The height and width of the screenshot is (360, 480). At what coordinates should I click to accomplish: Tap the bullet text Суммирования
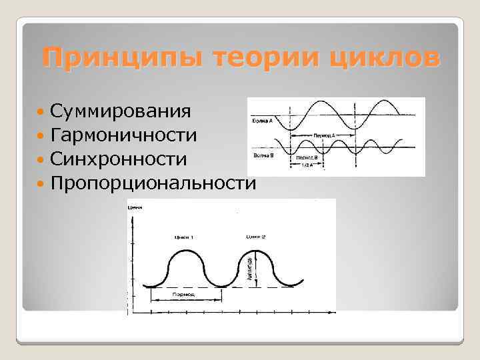pyautogui.click(x=120, y=111)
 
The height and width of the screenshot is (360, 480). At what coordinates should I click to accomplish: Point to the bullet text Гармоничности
pyautogui.click(x=123, y=135)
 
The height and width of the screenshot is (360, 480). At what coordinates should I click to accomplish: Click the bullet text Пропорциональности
pyautogui.click(x=152, y=183)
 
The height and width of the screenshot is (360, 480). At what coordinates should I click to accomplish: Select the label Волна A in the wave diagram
pyautogui.click(x=261, y=122)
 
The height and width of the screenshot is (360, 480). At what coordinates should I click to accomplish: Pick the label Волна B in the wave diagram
pyautogui.click(x=261, y=155)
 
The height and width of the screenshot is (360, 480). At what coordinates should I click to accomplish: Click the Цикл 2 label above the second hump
pyautogui.click(x=255, y=237)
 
